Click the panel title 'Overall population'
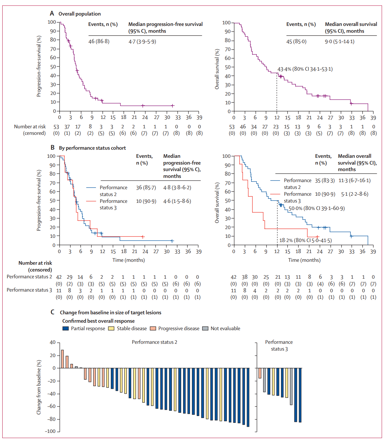[x=79, y=14]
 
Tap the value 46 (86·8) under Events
[x=99, y=41]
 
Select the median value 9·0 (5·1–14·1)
[x=339, y=41]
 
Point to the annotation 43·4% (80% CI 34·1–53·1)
[x=305, y=69]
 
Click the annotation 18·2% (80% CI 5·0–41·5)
[x=305, y=240]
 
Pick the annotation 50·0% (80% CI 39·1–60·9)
[x=317, y=208]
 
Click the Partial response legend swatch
[x=65, y=329]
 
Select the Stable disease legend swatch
[x=111, y=329]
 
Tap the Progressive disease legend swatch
[x=153, y=329]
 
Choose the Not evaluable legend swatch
[x=205, y=329]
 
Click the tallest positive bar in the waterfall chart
[x=62, y=359]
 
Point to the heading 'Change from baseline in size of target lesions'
[x=111, y=313]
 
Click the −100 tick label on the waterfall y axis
[x=50, y=431]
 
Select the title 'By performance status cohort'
[x=92, y=148]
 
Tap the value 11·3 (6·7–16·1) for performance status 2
[x=355, y=180]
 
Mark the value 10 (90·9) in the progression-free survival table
[x=146, y=201]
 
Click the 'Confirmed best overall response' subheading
[x=99, y=321]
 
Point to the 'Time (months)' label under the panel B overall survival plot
[x=304, y=260]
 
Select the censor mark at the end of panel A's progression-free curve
[x=173, y=106]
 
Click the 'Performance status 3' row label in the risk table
[x=29, y=290]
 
